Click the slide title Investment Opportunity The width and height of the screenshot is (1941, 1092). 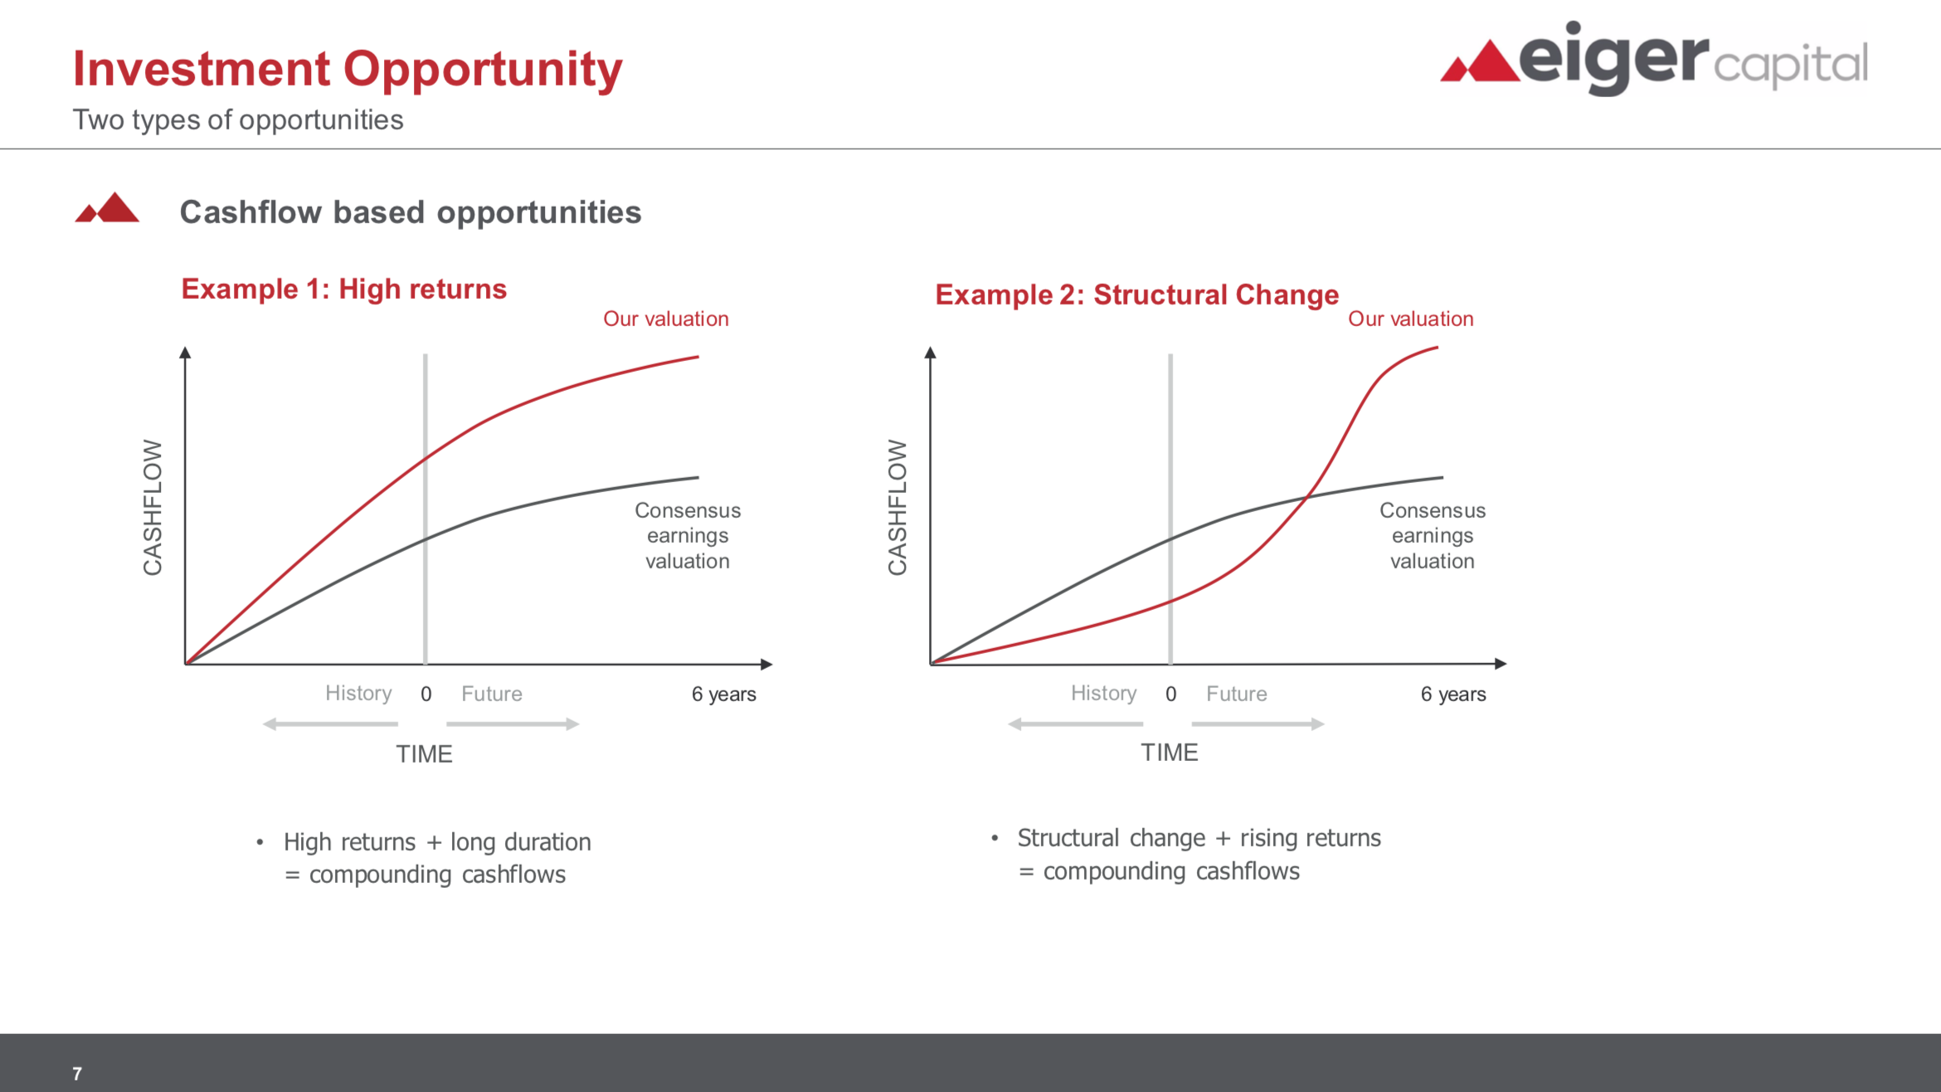tap(348, 70)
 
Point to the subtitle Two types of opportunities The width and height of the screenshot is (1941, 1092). tap(238, 120)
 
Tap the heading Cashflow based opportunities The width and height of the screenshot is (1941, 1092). tap(411, 212)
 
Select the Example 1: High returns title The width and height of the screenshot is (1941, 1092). tap(343, 289)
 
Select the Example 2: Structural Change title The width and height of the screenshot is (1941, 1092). tap(1136, 295)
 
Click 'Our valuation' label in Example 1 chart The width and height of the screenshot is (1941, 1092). tap(666, 319)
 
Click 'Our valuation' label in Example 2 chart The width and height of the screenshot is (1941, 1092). tap(1411, 319)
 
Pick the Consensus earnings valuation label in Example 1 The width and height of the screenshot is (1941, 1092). tap(688, 535)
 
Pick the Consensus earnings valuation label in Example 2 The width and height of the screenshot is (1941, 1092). tap(1433, 535)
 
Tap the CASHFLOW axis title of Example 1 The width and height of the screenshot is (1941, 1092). tap(153, 507)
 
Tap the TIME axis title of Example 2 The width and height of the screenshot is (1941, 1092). tap(1170, 753)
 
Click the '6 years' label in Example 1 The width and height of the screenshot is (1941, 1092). tap(724, 694)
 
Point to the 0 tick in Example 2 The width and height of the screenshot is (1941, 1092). tap(1171, 694)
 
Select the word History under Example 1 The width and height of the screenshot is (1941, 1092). tap(358, 693)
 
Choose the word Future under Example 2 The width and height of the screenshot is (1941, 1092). tap(1237, 694)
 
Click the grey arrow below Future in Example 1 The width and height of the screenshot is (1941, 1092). tap(513, 724)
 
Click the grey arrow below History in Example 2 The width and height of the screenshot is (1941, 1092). tap(1075, 724)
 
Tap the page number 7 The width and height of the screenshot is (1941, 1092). tap(77, 1074)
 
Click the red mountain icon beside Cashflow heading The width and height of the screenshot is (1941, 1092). tap(107, 207)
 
